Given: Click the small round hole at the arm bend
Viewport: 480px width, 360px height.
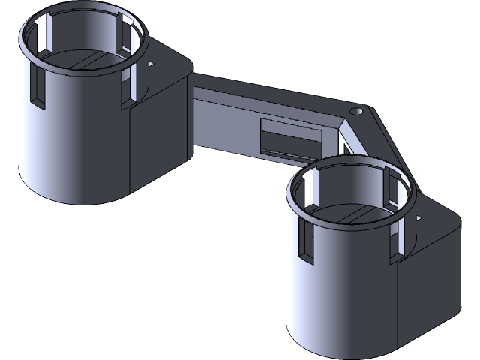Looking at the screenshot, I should tap(357, 110).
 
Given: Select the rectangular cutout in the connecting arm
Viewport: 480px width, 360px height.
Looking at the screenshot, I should tap(291, 137).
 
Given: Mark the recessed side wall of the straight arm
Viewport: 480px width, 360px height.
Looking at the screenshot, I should tap(225, 127).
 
